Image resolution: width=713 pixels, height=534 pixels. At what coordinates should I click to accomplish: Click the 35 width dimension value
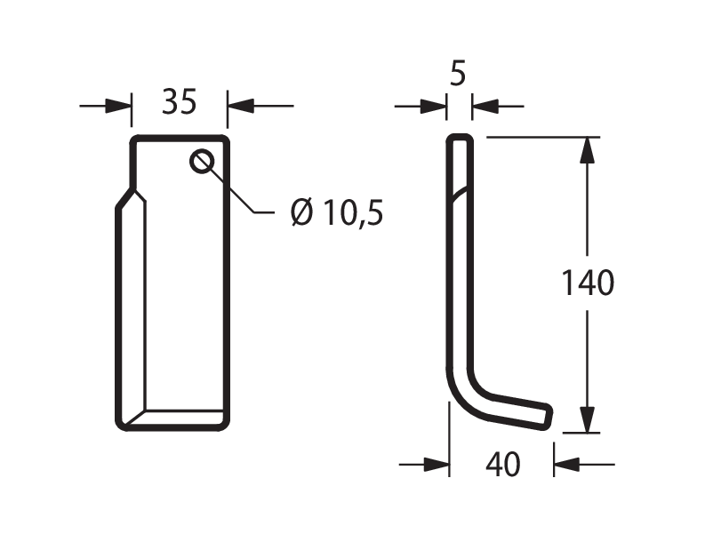coord(180,101)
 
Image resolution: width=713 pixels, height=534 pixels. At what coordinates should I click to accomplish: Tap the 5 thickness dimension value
coord(458,74)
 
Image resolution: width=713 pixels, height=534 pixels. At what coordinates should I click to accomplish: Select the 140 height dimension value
coord(588,283)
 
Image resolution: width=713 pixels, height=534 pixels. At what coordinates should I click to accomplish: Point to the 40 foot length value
coord(502,465)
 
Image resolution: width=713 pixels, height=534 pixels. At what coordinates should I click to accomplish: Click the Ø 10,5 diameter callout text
coord(336,212)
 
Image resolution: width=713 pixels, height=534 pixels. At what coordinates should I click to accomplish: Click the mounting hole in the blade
coord(202,162)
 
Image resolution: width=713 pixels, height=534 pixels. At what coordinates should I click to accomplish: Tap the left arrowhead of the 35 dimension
coord(118,107)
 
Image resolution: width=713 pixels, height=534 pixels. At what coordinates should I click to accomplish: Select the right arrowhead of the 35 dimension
coord(240,107)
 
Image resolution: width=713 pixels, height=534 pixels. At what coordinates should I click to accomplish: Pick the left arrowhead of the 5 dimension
coord(433,107)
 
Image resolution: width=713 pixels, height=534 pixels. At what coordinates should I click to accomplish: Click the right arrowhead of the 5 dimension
coord(485,107)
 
